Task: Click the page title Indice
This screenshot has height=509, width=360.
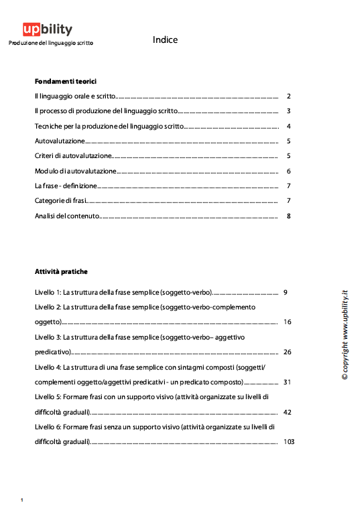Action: point(165,40)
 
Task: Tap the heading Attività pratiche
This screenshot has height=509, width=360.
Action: point(61,272)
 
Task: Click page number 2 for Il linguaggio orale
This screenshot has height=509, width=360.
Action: point(288,96)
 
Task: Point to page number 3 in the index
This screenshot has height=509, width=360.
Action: point(288,111)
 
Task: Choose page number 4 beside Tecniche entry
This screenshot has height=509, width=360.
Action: point(288,127)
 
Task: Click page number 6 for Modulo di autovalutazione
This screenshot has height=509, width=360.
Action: point(288,171)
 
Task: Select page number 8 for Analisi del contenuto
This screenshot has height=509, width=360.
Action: point(288,216)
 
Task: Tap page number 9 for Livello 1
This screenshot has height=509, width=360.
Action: point(286,293)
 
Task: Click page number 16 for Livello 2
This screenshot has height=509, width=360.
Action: point(288,322)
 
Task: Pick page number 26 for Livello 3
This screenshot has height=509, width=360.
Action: point(288,352)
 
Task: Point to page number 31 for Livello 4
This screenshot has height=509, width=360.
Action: point(288,382)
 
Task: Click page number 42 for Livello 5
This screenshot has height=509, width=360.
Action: point(288,412)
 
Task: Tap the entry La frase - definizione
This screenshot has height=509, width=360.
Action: point(66,186)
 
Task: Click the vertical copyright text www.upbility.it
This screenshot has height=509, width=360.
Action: point(344,335)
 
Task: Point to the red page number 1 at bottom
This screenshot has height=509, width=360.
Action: point(22,500)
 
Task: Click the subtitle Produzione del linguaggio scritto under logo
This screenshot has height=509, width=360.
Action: point(50,43)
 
